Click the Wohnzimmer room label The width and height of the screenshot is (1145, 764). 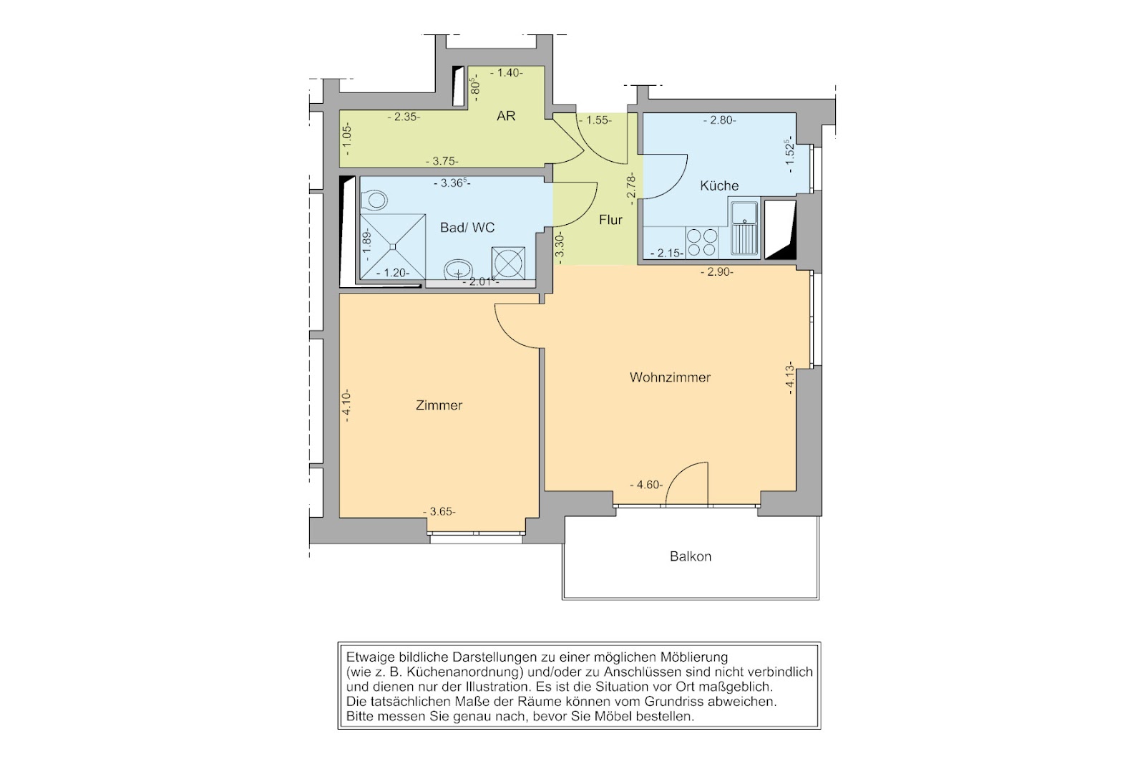pyautogui.click(x=670, y=377)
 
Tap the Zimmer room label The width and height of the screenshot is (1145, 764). pyautogui.click(x=439, y=405)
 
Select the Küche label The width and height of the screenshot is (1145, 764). pyautogui.click(x=719, y=185)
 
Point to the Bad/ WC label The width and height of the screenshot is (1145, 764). pyautogui.click(x=467, y=228)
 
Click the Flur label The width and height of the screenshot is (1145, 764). pyautogui.click(x=610, y=220)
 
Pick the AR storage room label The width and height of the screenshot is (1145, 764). pyautogui.click(x=506, y=116)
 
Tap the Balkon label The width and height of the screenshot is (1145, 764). pyautogui.click(x=691, y=556)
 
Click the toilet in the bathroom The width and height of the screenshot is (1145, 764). pyautogui.click(x=374, y=200)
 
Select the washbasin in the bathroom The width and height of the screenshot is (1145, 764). pyautogui.click(x=458, y=269)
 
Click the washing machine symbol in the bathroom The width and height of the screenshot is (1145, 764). pyautogui.click(x=508, y=263)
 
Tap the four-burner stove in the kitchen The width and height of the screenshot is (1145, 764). pyautogui.click(x=702, y=243)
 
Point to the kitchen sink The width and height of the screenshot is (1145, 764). pyautogui.click(x=744, y=228)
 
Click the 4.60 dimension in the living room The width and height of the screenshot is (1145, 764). pyautogui.click(x=646, y=485)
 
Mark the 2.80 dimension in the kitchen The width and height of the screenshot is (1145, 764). pyautogui.click(x=720, y=121)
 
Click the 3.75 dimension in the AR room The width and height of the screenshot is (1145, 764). pyautogui.click(x=442, y=161)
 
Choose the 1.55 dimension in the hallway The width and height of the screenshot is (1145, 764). pyautogui.click(x=595, y=121)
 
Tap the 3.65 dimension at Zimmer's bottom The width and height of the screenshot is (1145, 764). pyautogui.click(x=439, y=512)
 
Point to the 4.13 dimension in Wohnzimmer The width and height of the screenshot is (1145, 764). pyautogui.click(x=789, y=378)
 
